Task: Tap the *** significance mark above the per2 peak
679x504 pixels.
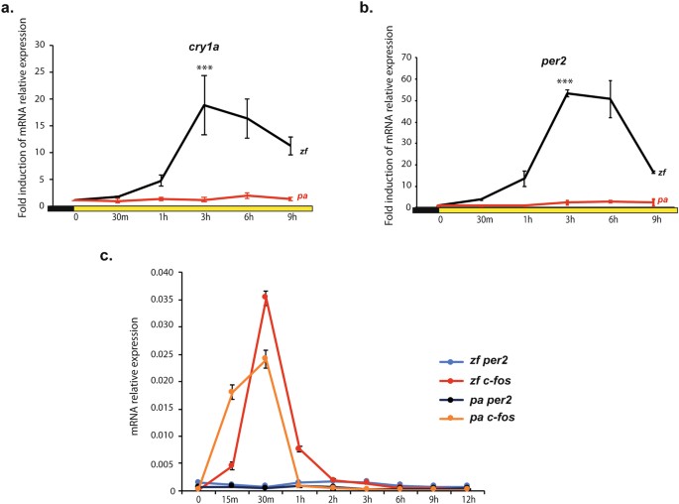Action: click(565, 82)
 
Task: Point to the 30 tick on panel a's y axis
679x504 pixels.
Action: click(40, 45)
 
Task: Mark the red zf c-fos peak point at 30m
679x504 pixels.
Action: click(265, 296)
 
